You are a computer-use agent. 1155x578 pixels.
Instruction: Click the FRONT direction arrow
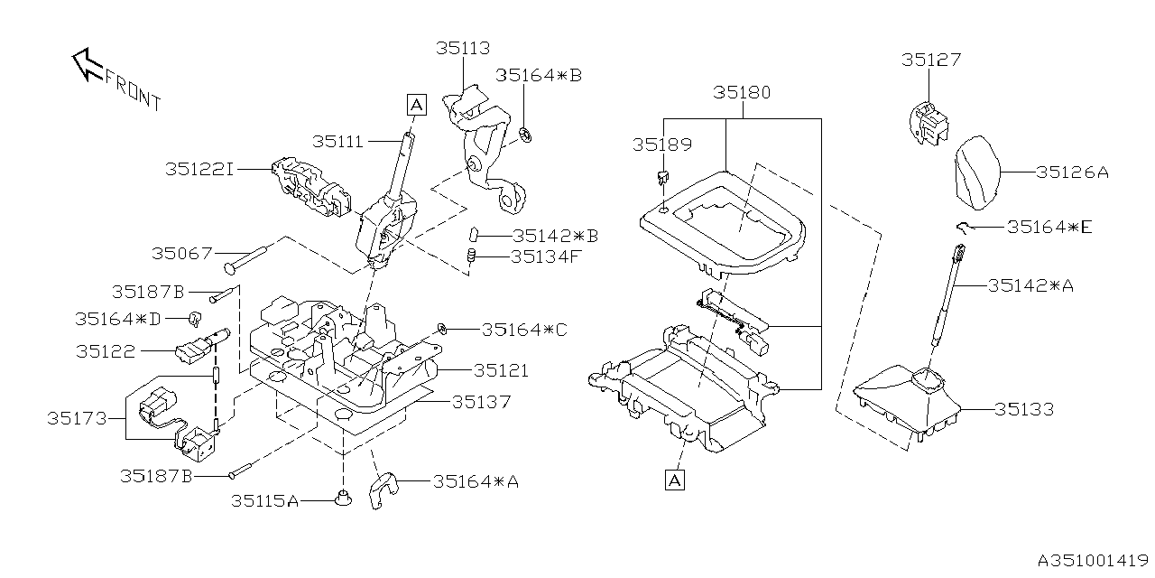tap(88, 64)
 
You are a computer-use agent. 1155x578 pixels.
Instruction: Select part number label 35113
tap(463, 49)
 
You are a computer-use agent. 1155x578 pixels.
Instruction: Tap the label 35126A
tap(1071, 172)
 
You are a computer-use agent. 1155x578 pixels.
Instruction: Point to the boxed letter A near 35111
tap(415, 105)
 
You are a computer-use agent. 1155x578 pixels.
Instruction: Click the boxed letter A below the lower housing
tap(674, 480)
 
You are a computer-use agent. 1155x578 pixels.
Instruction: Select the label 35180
tap(742, 92)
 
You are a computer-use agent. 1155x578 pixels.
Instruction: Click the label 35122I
tap(199, 169)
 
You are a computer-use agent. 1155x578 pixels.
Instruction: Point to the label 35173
tap(77, 418)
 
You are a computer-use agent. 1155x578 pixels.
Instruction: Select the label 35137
tap(481, 401)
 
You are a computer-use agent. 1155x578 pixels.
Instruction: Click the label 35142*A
tap(1030, 285)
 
